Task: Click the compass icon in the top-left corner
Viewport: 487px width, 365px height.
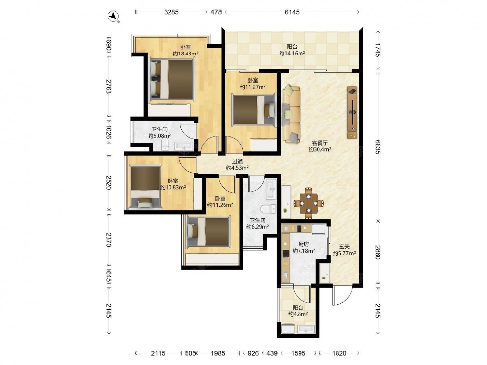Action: click(114, 16)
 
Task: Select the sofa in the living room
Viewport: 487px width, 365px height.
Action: click(291, 114)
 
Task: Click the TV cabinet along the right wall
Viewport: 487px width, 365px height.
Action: click(352, 112)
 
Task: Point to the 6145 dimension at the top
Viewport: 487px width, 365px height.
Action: click(292, 12)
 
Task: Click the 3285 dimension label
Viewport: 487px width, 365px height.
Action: click(171, 12)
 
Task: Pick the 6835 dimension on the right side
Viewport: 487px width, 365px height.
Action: click(378, 146)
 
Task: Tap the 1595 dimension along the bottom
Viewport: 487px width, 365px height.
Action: click(299, 353)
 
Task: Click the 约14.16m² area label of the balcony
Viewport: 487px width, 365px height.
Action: click(292, 53)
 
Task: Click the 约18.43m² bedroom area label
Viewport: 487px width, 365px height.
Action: click(186, 54)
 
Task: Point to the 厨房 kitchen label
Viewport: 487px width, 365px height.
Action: click(303, 244)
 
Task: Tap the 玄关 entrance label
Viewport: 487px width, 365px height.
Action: click(344, 246)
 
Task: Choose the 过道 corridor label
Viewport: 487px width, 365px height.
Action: click(237, 162)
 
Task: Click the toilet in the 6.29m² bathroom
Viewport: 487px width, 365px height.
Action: click(268, 209)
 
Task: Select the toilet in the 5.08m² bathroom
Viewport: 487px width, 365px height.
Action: click(165, 145)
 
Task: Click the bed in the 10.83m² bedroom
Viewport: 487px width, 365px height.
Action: click(145, 187)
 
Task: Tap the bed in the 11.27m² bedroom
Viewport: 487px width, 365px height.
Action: click(254, 110)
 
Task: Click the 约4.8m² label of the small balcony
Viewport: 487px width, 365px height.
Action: click(298, 314)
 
